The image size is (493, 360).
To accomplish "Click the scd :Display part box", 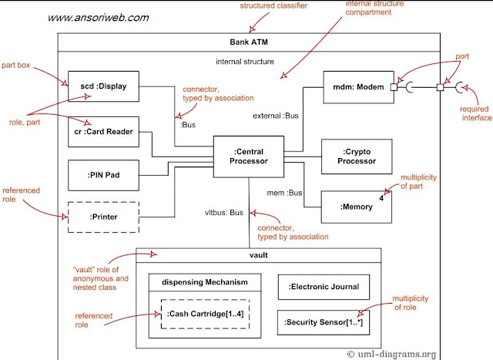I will [x=103, y=86].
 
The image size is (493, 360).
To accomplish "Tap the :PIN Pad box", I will [x=103, y=175].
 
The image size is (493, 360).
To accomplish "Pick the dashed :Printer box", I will [x=103, y=217].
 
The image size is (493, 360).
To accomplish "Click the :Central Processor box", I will [x=248, y=156].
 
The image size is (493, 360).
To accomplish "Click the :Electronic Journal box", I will [x=323, y=287].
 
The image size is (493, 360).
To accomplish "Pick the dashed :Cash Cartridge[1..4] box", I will [x=204, y=314].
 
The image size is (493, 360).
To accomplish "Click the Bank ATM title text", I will [x=248, y=41].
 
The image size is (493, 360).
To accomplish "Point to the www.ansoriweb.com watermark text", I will [x=99, y=18].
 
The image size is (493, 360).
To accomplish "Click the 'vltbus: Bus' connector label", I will [x=224, y=211].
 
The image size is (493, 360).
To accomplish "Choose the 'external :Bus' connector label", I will [x=275, y=116].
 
